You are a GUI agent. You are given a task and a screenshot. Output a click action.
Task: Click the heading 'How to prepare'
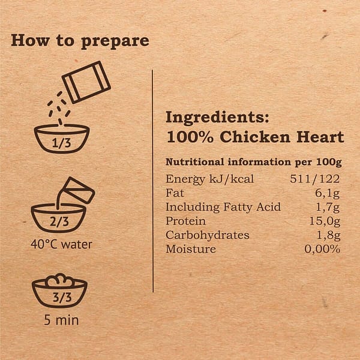(80, 41)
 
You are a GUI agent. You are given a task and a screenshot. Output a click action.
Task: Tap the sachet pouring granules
(86, 82)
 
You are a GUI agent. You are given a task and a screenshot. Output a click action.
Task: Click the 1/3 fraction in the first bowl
(61, 143)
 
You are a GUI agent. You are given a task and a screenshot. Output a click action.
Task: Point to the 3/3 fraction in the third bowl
(59, 296)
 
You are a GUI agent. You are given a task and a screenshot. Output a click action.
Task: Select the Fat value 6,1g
(328, 193)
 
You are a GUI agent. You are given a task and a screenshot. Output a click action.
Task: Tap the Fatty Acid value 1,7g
(328, 207)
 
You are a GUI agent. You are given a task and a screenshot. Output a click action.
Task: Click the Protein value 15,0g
(324, 221)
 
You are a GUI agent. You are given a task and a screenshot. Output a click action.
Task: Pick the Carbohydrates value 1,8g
(328, 235)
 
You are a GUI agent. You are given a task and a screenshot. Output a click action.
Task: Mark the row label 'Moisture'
(190, 249)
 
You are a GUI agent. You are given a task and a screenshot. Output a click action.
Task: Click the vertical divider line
(152, 180)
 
